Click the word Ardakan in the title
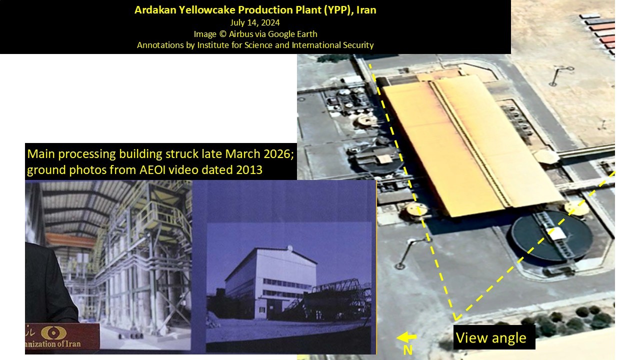155,10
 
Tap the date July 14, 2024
255,22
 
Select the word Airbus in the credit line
241,34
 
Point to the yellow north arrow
406,337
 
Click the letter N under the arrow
407,350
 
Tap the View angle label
491,337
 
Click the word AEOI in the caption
152,169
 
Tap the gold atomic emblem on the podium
53,332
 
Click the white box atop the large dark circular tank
556,233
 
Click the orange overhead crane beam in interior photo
70,239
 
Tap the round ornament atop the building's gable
290,248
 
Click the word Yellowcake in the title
207,10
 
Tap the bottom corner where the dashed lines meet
455,319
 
